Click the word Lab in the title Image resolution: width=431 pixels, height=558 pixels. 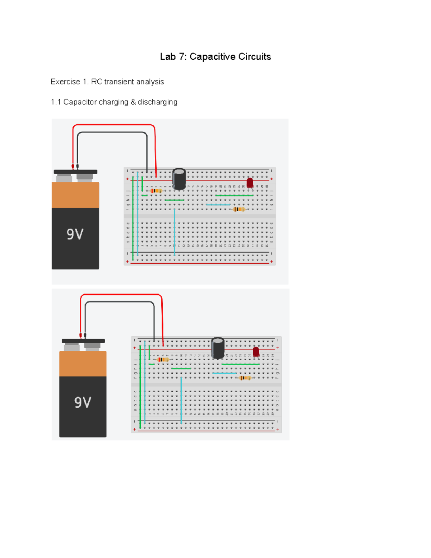[x=168, y=57]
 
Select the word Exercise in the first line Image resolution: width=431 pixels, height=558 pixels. [x=65, y=82]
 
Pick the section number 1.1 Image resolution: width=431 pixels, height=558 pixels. [x=56, y=102]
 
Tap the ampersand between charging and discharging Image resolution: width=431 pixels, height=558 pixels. [x=133, y=102]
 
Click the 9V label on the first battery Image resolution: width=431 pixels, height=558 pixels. [x=75, y=234]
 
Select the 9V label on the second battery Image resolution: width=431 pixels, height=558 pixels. [x=83, y=402]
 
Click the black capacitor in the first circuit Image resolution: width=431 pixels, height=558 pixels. [x=179, y=179]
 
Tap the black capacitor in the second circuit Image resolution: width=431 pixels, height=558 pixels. [x=218, y=348]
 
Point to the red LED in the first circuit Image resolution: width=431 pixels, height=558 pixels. [x=250, y=183]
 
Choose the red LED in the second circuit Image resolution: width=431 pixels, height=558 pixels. [x=256, y=352]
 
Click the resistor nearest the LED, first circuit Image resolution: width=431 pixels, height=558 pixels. [x=239, y=209]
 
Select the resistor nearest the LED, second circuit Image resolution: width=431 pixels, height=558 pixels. [x=245, y=378]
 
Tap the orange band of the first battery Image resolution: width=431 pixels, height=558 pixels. [x=75, y=195]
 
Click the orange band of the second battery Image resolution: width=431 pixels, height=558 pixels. [x=83, y=364]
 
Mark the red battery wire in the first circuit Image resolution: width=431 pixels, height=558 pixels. [x=113, y=125]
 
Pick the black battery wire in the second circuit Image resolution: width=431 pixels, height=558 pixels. [x=120, y=302]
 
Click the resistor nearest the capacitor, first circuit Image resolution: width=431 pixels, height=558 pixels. [x=156, y=191]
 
